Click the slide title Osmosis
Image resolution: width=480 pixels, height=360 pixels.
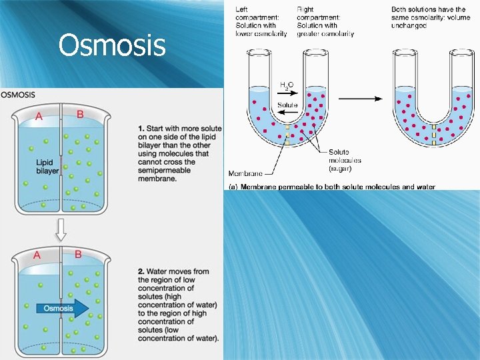tap(111, 45)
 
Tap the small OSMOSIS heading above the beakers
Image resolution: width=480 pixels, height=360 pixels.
tap(19, 95)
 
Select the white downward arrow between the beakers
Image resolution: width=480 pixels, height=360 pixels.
tap(61, 229)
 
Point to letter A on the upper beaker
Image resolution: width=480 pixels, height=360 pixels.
tap(39, 117)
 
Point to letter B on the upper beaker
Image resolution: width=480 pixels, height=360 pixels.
tap(80, 115)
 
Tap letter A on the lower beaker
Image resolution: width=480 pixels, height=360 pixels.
tap(37, 255)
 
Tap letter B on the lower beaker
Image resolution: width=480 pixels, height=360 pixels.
tap(78, 254)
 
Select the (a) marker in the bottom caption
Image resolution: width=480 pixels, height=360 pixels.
tap(233, 186)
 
